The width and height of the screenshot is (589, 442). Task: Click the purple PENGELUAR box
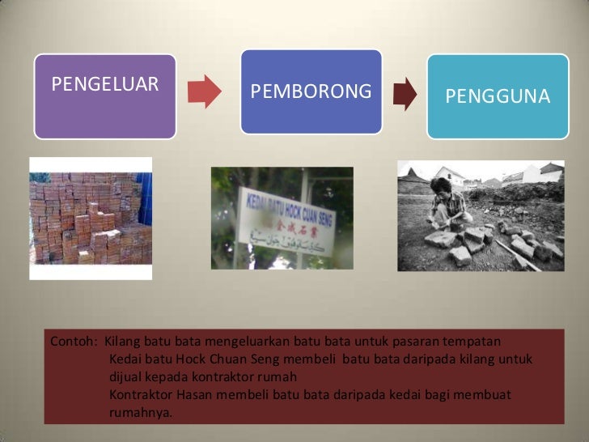click(x=105, y=96)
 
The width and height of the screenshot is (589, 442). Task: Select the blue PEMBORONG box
click(x=311, y=91)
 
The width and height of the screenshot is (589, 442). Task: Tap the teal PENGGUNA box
click(x=498, y=96)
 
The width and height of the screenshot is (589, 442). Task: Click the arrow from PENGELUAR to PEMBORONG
click(x=205, y=91)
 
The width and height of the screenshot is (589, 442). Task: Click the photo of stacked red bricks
click(x=91, y=219)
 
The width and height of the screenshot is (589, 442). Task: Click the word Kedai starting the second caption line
click(x=125, y=359)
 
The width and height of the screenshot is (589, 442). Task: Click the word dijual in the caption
click(x=126, y=376)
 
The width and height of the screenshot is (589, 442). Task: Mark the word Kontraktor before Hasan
click(x=141, y=394)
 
